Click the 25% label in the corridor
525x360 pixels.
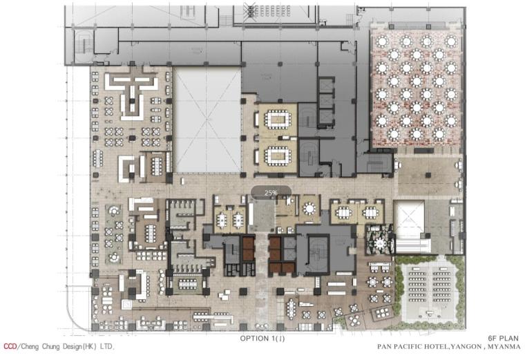(x=271, y=193)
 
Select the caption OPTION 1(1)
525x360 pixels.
(x=262, y=339)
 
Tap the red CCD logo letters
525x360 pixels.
(x=10, y=347)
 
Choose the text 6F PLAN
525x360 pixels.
(x=504, y=339)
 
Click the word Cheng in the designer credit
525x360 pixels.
(x=31, y=347)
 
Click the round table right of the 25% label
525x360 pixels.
(x=309, y=209)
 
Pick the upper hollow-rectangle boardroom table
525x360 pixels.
(x=278, y=120)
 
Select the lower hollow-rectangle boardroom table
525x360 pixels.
(x=278, y=155)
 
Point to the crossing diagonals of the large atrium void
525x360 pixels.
(x=208, y=120)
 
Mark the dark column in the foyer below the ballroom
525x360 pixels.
(x=428, y=175)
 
